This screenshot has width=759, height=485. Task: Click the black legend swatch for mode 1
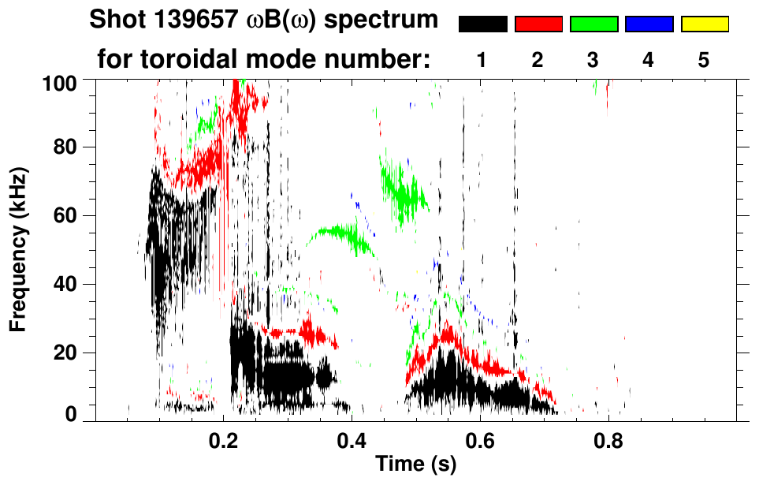pos(482,24)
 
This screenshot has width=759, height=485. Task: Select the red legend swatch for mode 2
pos(538,24)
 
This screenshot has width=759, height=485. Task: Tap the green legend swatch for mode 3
pos(593,24)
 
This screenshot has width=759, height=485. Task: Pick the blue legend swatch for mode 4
pos(649,24)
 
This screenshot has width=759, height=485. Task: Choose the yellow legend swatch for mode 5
pos(704,24)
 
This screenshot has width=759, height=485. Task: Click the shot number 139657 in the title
pos(177,20)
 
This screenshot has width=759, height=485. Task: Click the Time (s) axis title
pos(415,465)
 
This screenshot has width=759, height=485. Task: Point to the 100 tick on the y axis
pos(63,81)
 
